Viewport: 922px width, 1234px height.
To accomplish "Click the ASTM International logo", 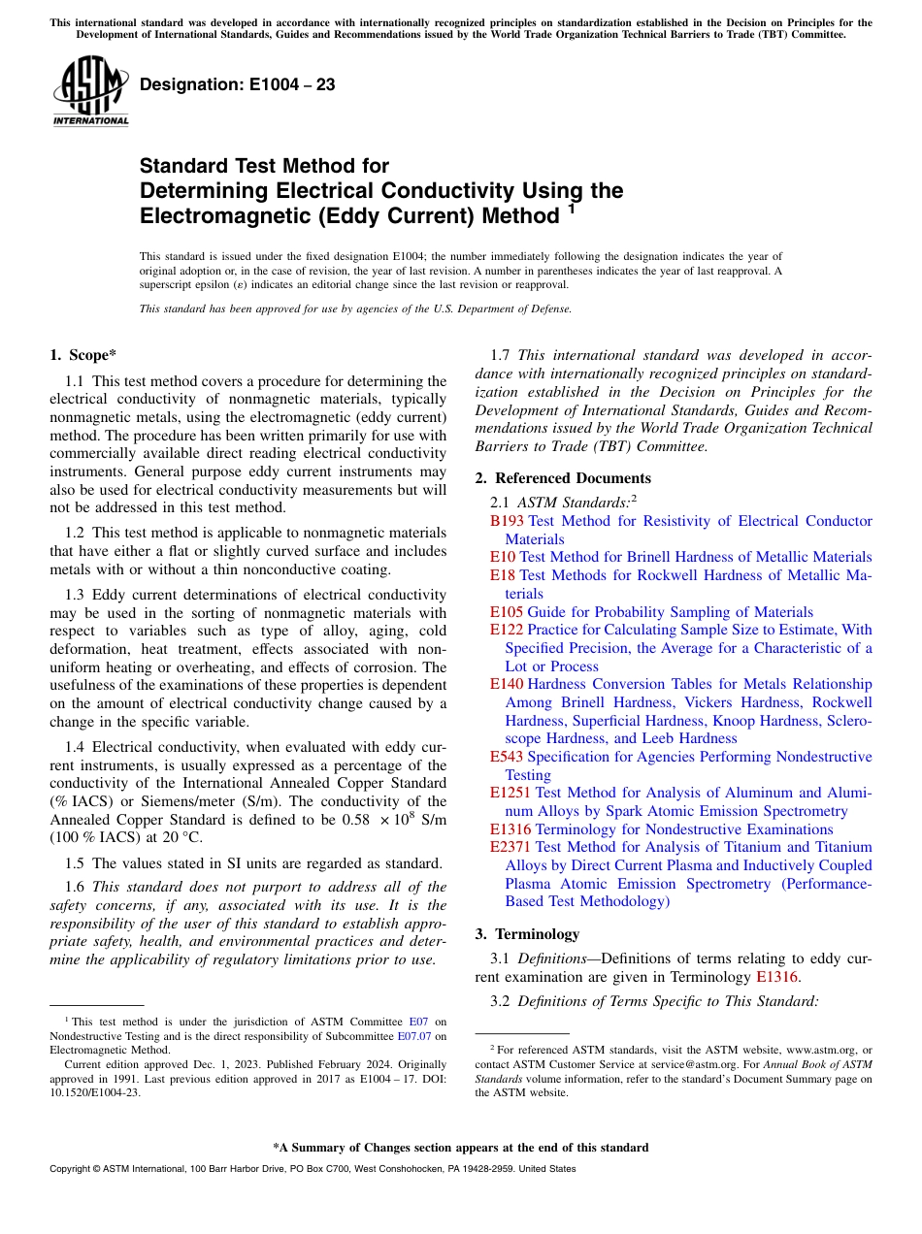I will [90, 90].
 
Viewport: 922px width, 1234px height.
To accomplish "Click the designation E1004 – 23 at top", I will [238, 85].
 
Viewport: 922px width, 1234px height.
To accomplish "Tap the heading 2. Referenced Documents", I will [563, 478].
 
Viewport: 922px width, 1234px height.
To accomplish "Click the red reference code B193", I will [507, 521].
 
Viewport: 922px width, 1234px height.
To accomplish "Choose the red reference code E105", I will [507, 612].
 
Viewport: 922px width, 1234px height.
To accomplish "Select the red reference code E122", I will [507, 631].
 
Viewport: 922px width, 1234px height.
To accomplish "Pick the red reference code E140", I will [507, 685].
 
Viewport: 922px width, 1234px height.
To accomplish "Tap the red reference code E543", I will [507, 757].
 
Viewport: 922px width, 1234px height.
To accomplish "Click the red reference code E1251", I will [510, 794].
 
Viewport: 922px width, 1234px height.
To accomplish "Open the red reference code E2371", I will [510, 847].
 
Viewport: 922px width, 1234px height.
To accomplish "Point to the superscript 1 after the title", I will [572, 208].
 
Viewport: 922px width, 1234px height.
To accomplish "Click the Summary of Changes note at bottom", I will [460, 1148].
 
